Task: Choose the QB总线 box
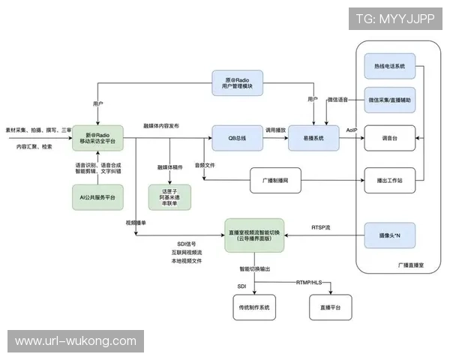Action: pyautogui.click(x=233, y=138)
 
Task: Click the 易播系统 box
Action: pyautogui.click(x=313, y=138)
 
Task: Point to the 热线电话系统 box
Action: pyautogui.click(x=389, y=67)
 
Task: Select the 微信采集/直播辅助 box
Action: pyautogui.click(x=389, y=100)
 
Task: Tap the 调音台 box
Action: pyautogui.click(x=389, y=138)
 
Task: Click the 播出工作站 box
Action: pyautogui.click(x=389, y=180)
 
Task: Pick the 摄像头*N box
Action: pyautogui.click(x=389, y=235)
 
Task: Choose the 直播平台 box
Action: pyautogui.click(x=331, y=307)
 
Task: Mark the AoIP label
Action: pyautogui.click(x=352, y=130)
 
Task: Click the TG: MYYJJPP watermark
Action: pyautogui.click(x=395, y=18)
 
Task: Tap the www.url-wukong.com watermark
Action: pyautogui.click(x=75, y=340)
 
